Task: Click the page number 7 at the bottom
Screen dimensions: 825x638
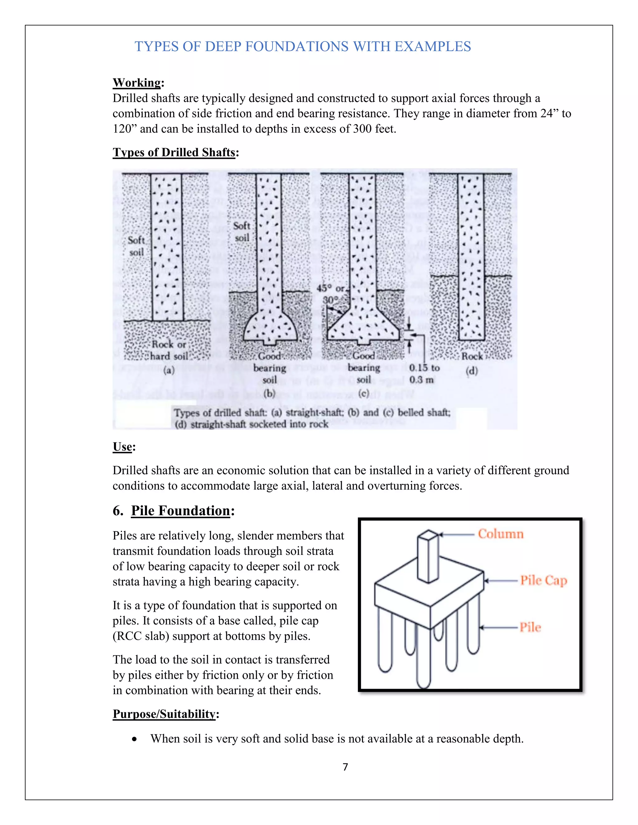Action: (345, 766)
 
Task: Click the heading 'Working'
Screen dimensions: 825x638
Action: (137, 82)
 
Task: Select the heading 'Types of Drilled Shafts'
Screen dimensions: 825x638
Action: (174, 152)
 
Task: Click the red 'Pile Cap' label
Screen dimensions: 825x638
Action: (544, 580)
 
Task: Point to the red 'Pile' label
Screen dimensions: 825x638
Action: (530, 627)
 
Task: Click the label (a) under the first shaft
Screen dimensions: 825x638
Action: (169, 370)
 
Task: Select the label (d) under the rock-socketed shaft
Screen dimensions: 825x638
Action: (472, 371)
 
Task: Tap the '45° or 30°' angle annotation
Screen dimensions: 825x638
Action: (331, 294)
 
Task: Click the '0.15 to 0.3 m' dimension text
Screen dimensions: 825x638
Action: (424, 373)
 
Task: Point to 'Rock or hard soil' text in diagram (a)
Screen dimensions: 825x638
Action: (169, 350)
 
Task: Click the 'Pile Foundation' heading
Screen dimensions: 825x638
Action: (180, 510)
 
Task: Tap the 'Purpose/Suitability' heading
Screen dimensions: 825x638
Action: (164, 714)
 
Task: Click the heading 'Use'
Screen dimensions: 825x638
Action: (122, 446)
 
